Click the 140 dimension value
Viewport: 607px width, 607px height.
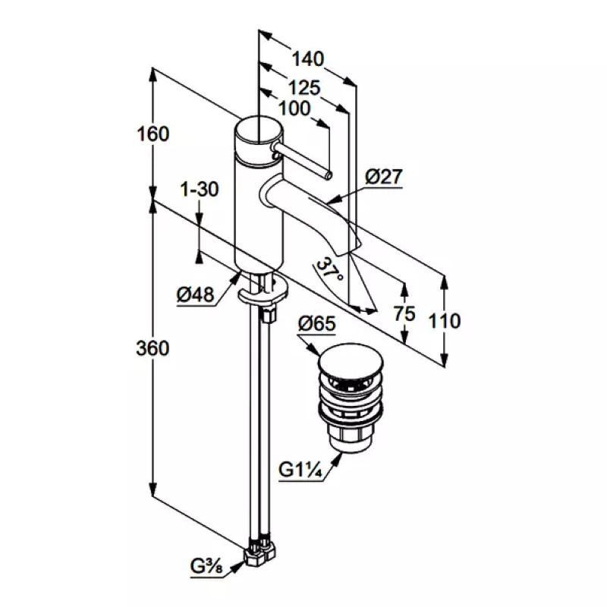(x=308, y=59)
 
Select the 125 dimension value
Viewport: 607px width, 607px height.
(x=306, y=88)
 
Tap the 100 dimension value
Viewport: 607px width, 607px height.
(x=294, y=108)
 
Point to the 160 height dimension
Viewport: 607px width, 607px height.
(x=153, y=134)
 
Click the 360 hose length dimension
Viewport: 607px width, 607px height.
(x=153, y=348)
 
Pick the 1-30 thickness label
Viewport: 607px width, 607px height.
(x=200, y=189)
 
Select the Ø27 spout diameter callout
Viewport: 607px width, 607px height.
(x=384, y=177)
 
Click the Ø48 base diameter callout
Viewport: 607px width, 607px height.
(x=196, y=295)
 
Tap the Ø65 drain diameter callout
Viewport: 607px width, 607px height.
(x=317, y=323)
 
